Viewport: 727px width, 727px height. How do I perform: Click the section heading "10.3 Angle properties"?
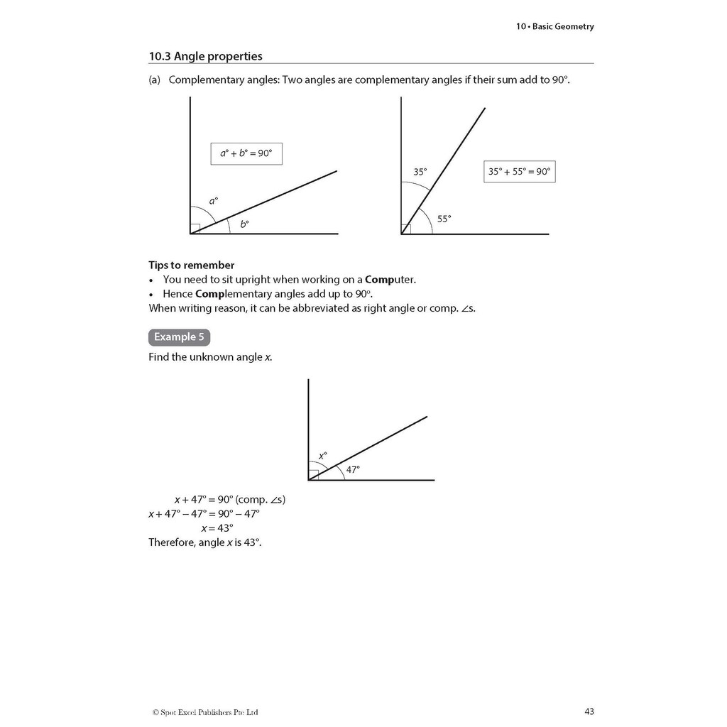[x=205, y=56]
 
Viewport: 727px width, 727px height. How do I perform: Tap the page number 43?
[x=589, y=711]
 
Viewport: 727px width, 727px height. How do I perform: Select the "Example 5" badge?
[x=179, y=337]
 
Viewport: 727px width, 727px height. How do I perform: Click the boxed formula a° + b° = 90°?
[x=246, y=153]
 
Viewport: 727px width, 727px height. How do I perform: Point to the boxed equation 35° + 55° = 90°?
[x=519, y=171]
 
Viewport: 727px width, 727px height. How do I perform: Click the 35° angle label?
[x=420, y=172]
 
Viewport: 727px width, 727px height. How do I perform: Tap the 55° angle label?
[x=444, y=219]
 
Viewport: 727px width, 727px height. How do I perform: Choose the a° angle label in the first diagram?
[x=213, y=201]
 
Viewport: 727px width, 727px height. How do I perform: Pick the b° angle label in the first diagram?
[x=244, y=224]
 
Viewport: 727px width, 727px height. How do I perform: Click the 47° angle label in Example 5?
[x=353, y=469]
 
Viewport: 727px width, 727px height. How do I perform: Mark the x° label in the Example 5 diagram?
[x=322, y=456]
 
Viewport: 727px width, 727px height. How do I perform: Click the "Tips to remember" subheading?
[x=191, y=266]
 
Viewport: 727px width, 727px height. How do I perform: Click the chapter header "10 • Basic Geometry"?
[x=554, y=27]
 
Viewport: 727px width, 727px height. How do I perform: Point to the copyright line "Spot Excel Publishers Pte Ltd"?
[x=205, y=712]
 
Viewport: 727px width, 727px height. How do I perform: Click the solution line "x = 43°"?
[x=217, y=528]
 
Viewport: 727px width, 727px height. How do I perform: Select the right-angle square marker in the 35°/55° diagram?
[x=406, y=229]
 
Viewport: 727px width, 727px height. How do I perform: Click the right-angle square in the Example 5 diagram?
[x=314, y=475]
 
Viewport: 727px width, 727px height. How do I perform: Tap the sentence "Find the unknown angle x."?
[x=210, y=357]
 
